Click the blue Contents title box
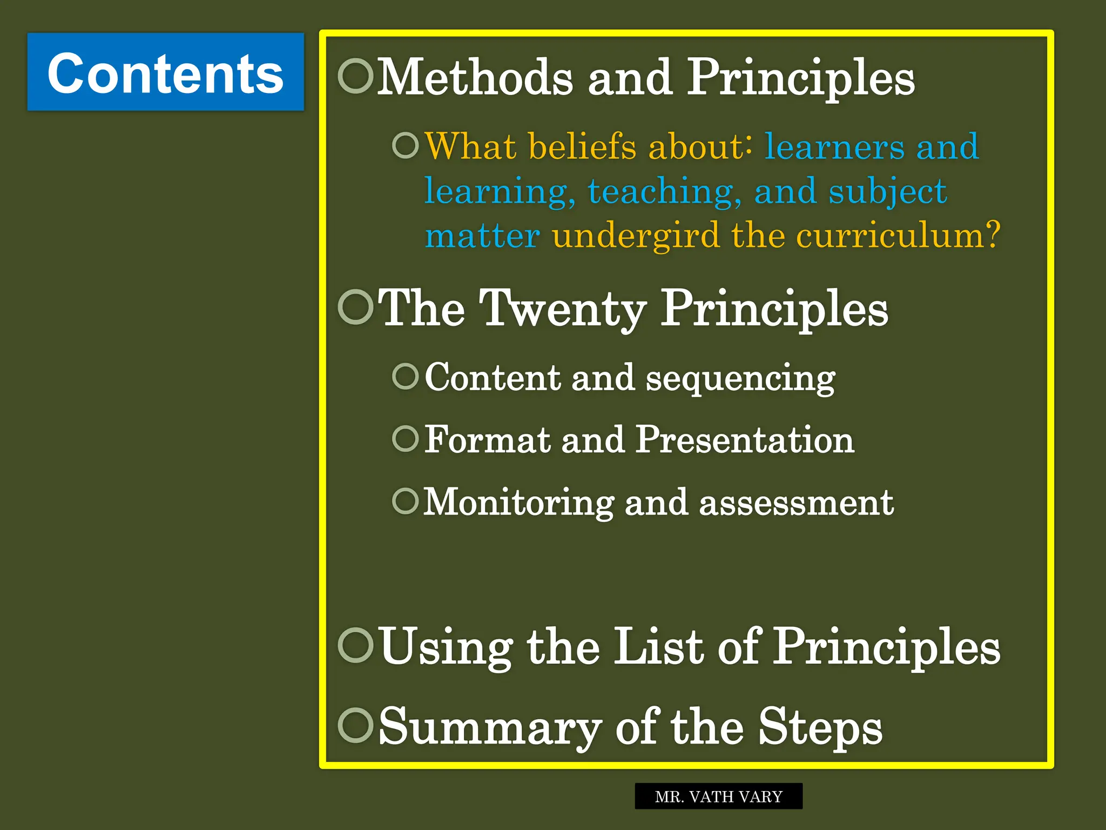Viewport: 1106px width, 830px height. pos(166,72)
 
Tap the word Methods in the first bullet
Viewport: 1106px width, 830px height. pos(475,78)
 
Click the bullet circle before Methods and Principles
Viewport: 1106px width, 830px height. pos(356,76)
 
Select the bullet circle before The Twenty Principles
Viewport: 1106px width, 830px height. pos(356,306)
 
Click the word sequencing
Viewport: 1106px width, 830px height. pos(740,379)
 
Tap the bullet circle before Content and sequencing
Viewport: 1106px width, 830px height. pos(405,376)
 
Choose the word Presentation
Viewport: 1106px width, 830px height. pos(745,439)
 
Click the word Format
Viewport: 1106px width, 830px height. pos(487,439)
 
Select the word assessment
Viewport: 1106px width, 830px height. pos(796,503)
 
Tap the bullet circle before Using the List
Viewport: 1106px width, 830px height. pos(356,645)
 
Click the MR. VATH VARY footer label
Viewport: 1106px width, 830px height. pos(718,796)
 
